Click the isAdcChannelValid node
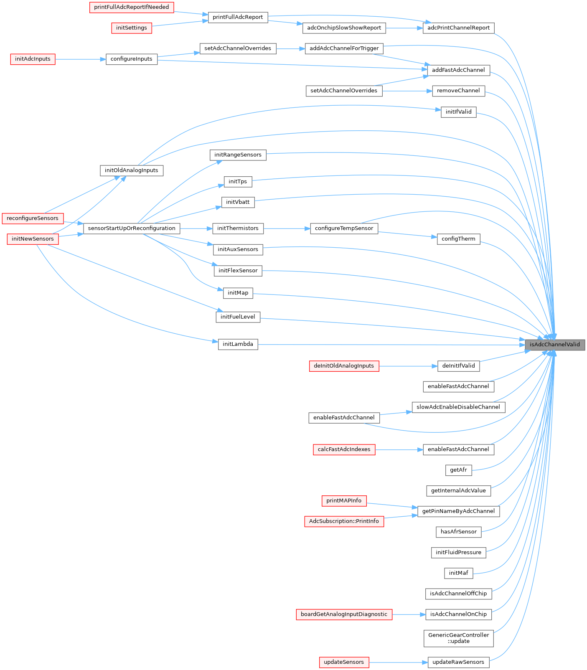point(555,345)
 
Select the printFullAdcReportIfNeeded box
point(132,7)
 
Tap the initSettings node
point(132,28)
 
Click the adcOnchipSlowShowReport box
point(344,28)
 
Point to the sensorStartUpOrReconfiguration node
point(132,228)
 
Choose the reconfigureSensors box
point(33,218)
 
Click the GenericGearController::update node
point(458,638)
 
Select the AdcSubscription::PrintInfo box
point(344,521)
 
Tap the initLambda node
point(238,345)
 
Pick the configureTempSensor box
point(344,228)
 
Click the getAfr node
point(458,470)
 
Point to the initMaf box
point(458,573)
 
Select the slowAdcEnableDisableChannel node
point(458,407)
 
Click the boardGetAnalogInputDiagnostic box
point(344,614)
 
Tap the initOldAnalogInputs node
point(132,170)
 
